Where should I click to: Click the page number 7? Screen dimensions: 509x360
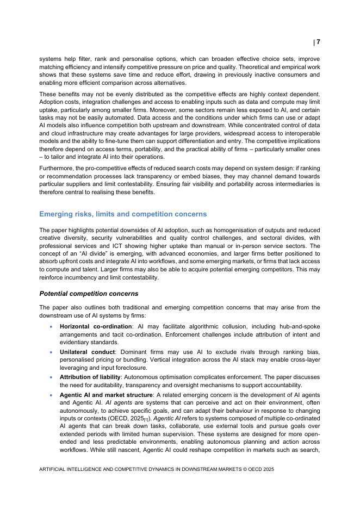point(318,42)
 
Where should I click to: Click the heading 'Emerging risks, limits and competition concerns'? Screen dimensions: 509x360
point(123,214)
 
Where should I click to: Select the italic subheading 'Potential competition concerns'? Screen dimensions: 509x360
point(89,294)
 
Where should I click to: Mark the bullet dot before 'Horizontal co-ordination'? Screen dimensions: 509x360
point(51,326)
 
